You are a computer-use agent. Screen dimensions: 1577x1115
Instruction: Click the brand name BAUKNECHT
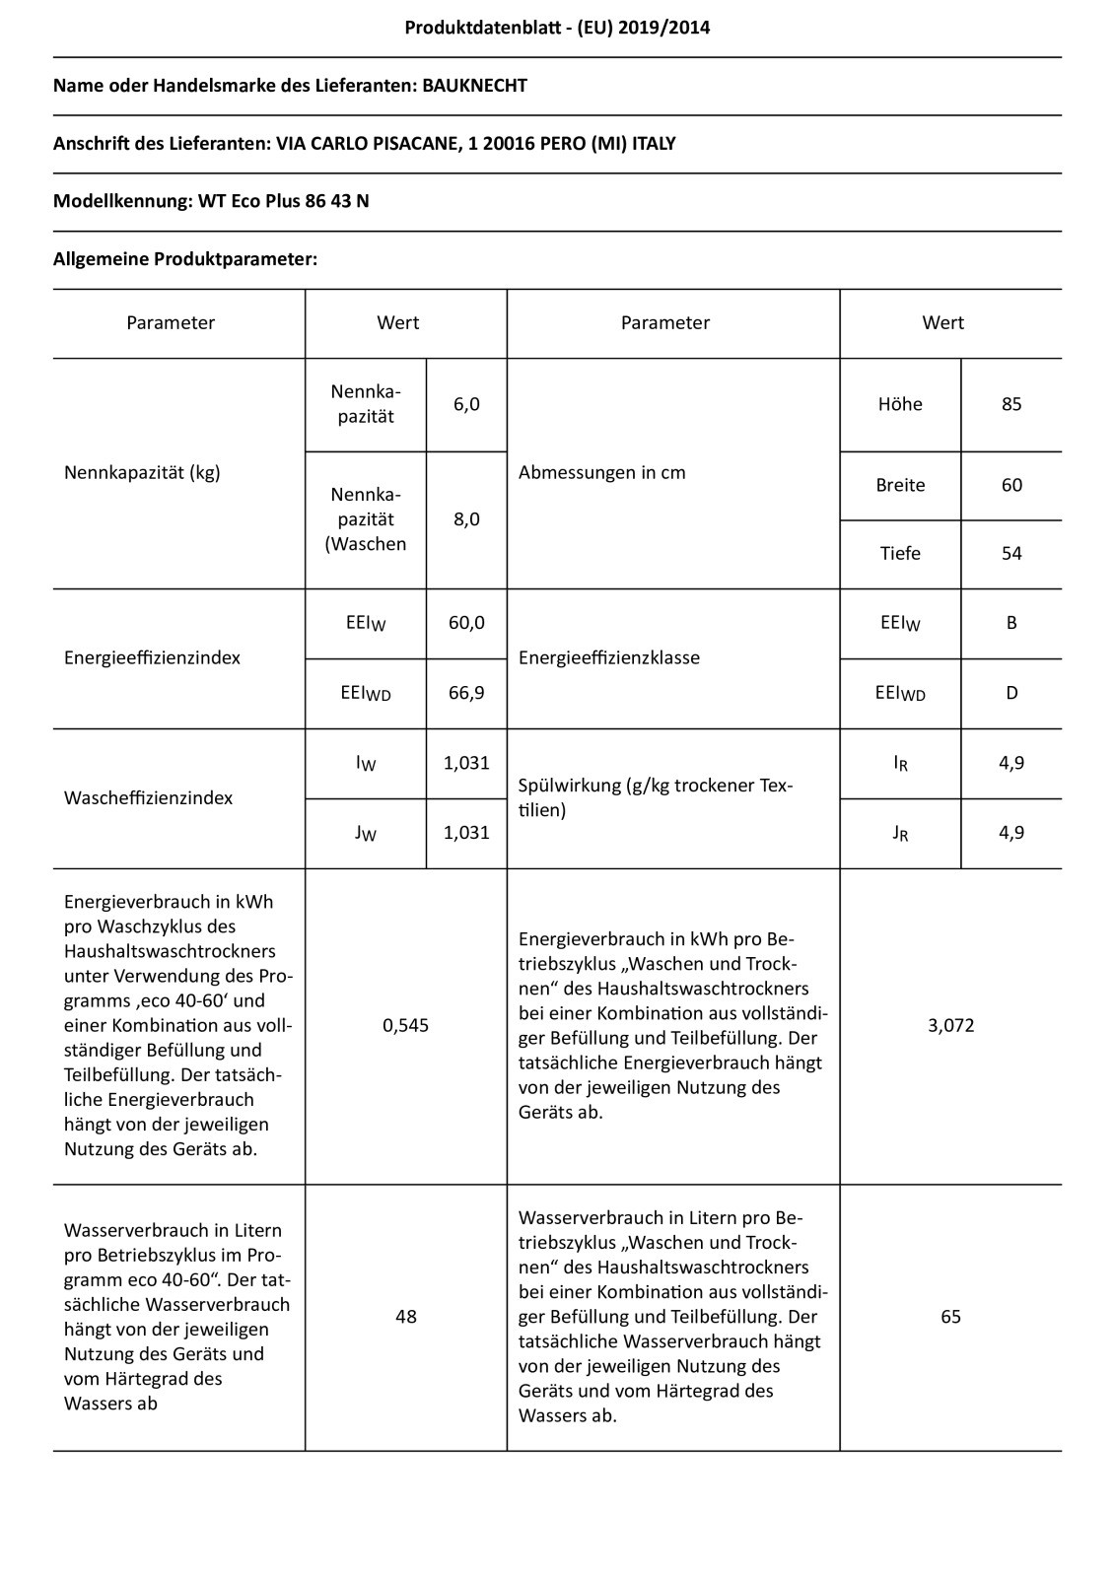click(x=474, y=86)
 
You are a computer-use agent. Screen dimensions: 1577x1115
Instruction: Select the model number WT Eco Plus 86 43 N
click(x=284, y=201)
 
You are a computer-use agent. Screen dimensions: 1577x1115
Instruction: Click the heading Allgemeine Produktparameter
click(x=185, y=259)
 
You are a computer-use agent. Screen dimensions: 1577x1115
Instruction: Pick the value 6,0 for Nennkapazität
click(x=466, y=404)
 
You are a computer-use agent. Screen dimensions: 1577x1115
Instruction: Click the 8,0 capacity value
click(x=466, y=519)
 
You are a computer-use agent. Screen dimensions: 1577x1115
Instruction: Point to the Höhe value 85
click(x=1011, y=404)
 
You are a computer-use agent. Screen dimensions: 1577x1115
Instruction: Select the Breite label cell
click(x=900, y=485)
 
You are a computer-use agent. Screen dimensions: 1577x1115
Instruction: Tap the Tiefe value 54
click(x=1011, y=554)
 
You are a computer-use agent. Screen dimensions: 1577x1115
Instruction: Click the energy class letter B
click(x=1011, y=623)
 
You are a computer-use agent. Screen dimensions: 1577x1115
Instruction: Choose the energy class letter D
click(x=1011, y=693)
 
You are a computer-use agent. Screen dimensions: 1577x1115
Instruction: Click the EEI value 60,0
click(x=466, y=623)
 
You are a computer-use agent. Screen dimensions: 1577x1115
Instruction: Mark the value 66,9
click(x=466, y=693)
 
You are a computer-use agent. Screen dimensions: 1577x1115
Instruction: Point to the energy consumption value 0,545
click(x=405, y=1025)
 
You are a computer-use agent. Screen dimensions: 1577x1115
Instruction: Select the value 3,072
click(x=950, y=1025)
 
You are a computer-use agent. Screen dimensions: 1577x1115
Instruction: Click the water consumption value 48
click(x=405, y=1317)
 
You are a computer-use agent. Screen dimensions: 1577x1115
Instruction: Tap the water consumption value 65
click(x=950, y=1317)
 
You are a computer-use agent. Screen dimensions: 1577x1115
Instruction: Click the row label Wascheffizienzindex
click(x=148, y=798)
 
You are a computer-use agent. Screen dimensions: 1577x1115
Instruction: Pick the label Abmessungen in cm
click(x=601, y=473)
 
